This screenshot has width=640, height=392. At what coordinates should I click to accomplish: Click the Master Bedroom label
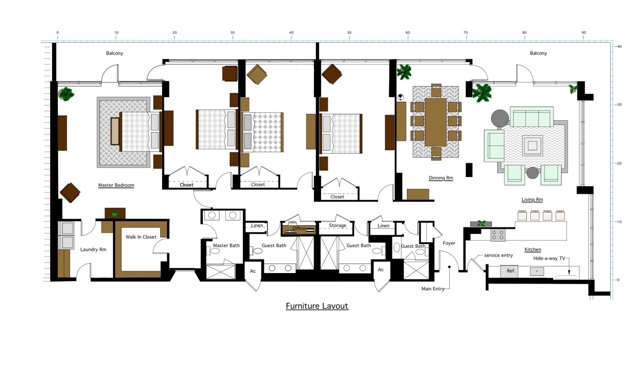click(x=116, y=185)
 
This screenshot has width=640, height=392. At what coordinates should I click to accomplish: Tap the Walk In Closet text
click(x=141, y=237)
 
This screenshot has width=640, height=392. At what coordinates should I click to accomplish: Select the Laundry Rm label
click(x=93, y=249)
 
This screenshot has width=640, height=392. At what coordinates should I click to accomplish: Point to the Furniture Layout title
click(x=317, y=306)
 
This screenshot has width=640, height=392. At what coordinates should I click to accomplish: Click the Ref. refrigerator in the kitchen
click(x=509, y=271)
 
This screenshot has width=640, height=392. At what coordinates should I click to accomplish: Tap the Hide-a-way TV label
click(x=549, y=258)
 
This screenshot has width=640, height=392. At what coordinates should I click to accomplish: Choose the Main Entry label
click(x=433, y=289)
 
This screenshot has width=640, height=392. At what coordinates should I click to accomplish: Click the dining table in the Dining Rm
click(x=436, y=122)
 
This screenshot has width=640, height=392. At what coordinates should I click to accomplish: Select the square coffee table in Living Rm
click(x=532, y=145)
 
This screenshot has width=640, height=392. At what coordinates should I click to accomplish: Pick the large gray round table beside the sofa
click(x=500, y=118)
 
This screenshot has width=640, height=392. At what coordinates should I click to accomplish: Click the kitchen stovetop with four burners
click(x=498, y=235)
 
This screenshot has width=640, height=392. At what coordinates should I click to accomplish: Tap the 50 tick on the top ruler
click(x=349, y=37)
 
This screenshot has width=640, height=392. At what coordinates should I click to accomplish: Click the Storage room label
click(x=337, y=225)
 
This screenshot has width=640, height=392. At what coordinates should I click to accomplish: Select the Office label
click(x=299, y=229)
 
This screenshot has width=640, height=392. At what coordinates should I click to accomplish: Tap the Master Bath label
click(x=226, y=246)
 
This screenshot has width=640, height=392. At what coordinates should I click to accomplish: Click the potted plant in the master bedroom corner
click(x=66, y=94)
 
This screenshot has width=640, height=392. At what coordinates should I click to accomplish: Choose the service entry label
click(x=498, y=255)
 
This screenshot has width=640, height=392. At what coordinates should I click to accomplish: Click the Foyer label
click(x=449, y=243)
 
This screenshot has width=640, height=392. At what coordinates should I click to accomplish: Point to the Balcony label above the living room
click(x=538, y=53)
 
